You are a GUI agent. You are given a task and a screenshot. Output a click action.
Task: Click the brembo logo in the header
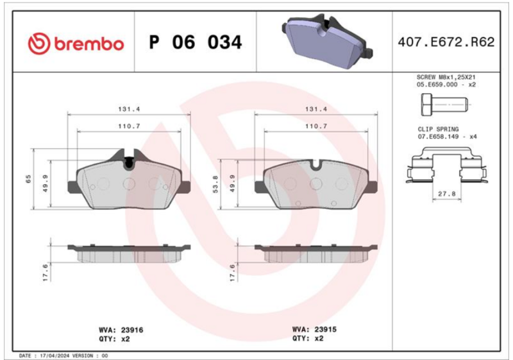click(76, 44)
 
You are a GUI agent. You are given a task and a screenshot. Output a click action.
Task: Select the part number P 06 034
click(196, 42)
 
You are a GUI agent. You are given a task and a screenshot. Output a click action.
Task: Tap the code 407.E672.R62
click(446, 42)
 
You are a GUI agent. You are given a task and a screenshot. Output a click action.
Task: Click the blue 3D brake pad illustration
click(327, 41)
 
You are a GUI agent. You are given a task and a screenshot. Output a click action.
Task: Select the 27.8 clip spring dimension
click(446, 194)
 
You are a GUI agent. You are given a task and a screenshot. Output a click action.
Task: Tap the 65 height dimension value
click(28, 178)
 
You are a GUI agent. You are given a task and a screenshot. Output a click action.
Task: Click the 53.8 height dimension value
click(215, 184)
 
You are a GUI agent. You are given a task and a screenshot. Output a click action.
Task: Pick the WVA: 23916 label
click(121, 330)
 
